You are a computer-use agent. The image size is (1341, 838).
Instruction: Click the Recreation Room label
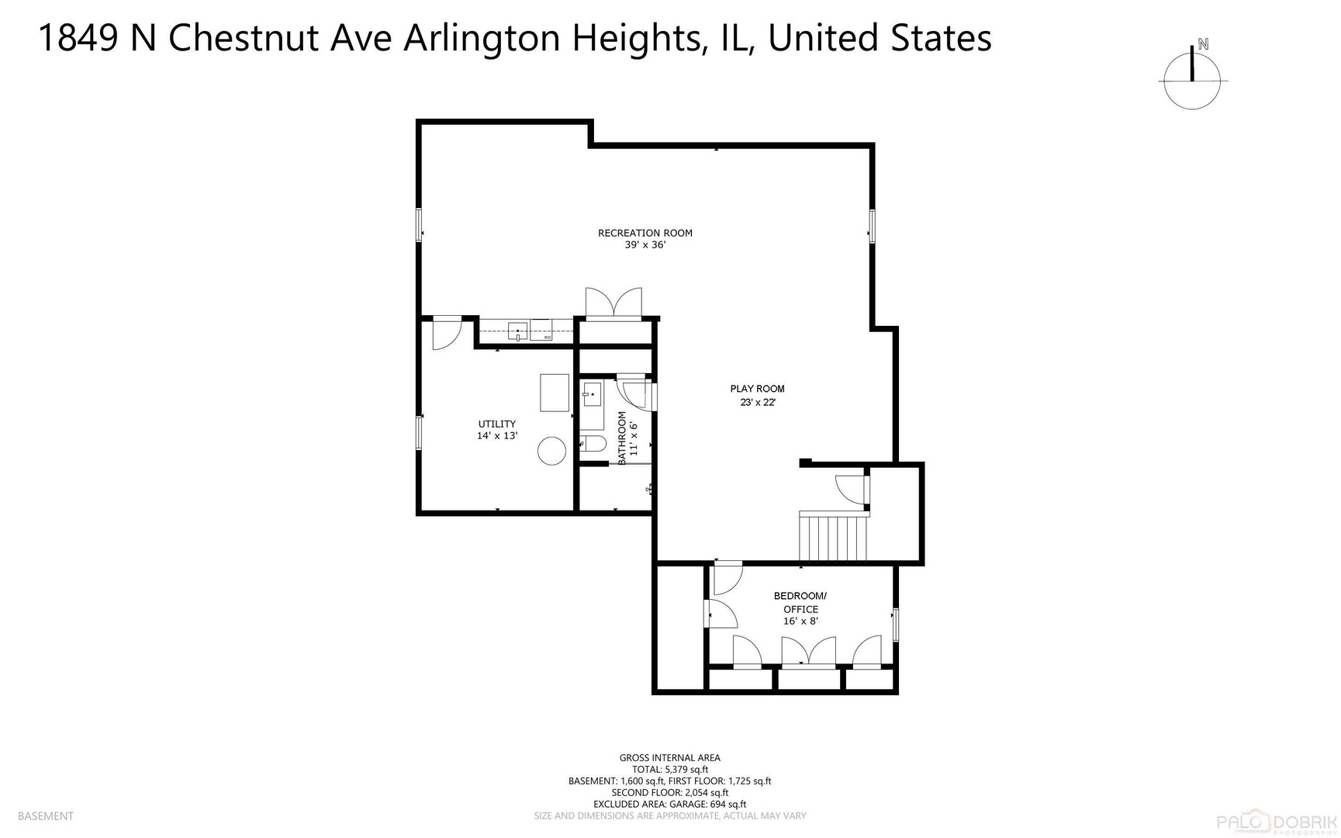click(x=645, y=233)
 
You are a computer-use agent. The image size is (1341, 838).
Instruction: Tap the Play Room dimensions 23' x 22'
click(x=757, y=402)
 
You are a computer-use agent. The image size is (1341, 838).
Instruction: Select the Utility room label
click(x=496, y=424)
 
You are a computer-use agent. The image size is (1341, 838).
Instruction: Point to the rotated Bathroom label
click(x=622, y=438)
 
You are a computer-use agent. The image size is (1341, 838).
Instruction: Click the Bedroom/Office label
click(x=800, y=602)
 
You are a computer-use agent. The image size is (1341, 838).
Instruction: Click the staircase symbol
click(x=834, y=537)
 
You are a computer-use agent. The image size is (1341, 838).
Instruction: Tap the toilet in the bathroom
click(x=593, y=445)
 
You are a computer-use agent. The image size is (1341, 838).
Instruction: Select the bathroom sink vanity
click(x=591, y=396)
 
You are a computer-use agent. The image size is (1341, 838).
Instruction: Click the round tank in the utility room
click(x=552, y=451)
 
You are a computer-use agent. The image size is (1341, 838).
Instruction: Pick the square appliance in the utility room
click(x=555, y=393)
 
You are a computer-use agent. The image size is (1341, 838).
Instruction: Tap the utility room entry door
click(x=447, y=333)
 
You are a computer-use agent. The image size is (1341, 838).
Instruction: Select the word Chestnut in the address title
click(x=245, y=38)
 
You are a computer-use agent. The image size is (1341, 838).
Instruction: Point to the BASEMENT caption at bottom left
click(x=46, y=815)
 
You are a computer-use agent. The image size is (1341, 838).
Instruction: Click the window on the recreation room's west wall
click(x=420, y=225)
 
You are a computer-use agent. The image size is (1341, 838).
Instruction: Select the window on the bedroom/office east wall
click(x=895, y=625)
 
